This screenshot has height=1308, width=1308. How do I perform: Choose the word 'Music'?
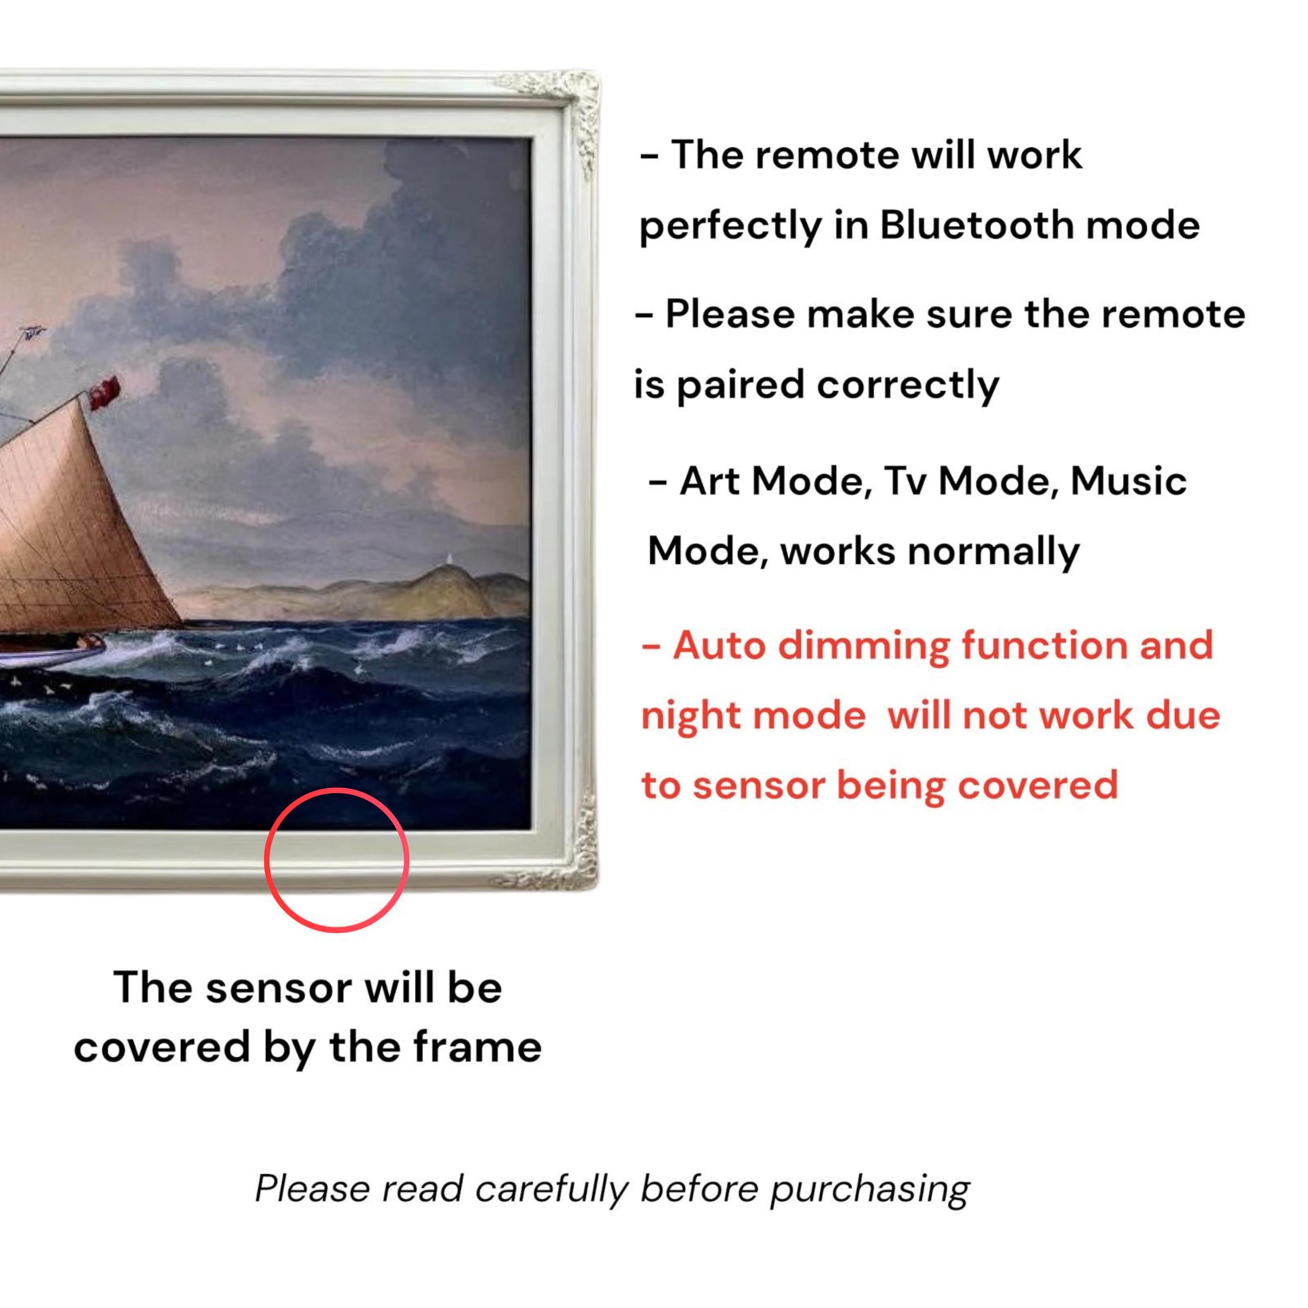[1129, 481]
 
